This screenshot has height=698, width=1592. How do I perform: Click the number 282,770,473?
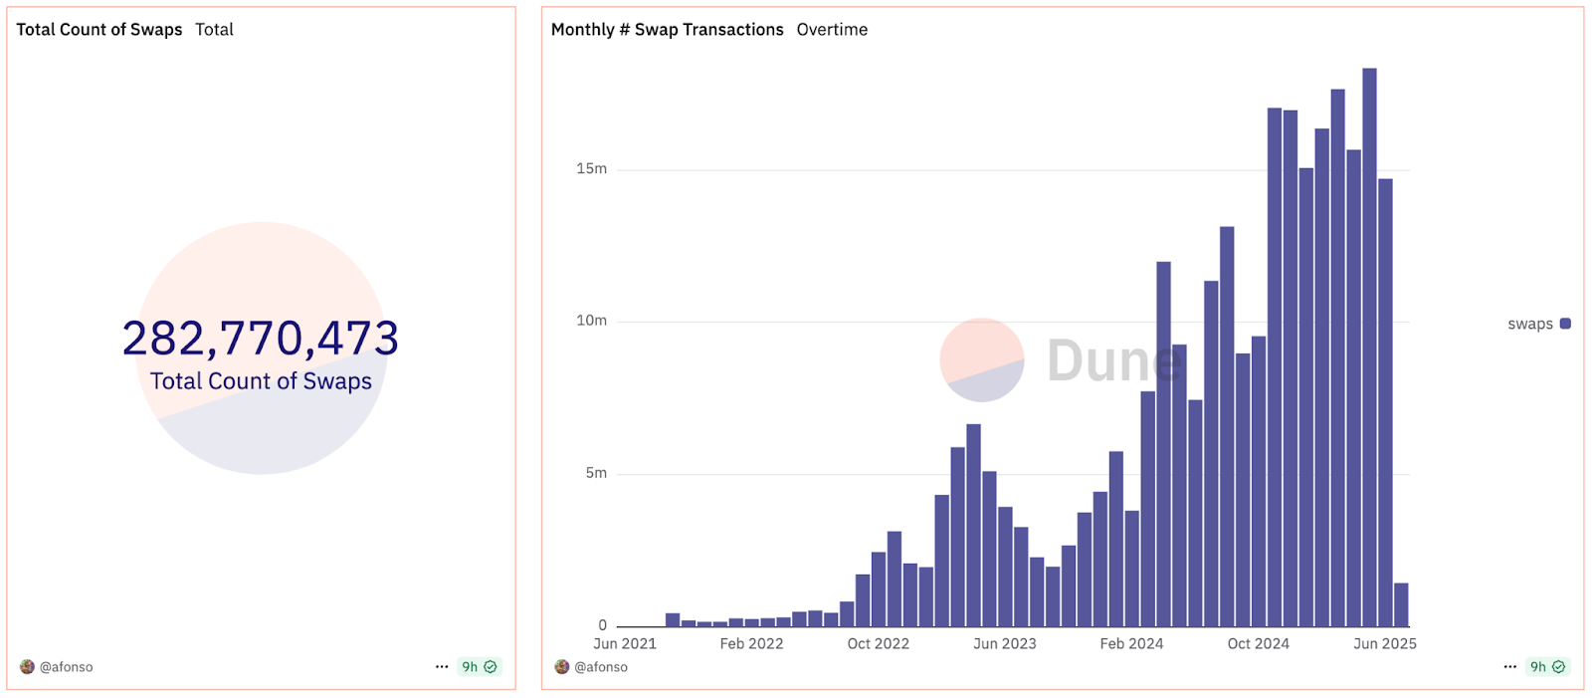261,339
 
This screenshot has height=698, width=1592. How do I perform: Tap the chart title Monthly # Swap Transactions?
667,30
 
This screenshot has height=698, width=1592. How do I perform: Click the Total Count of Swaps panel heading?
99,30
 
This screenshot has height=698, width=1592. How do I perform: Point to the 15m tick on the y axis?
591,169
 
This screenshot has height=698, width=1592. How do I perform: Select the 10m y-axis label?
591,321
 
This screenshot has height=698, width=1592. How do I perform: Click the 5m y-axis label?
596,473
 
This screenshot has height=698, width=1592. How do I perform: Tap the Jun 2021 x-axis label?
625,644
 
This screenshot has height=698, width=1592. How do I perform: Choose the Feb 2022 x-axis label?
751,644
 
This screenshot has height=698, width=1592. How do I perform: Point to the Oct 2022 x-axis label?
878,644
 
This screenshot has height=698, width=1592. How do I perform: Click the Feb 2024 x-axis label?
1131,644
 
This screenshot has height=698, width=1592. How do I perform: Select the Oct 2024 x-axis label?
1258,644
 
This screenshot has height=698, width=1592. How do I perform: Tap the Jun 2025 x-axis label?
1384,644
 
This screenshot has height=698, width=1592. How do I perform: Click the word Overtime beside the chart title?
832,30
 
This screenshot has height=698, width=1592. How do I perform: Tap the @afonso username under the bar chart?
600,667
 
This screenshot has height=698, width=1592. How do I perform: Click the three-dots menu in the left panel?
442,667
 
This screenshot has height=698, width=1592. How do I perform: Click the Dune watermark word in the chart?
1112,360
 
